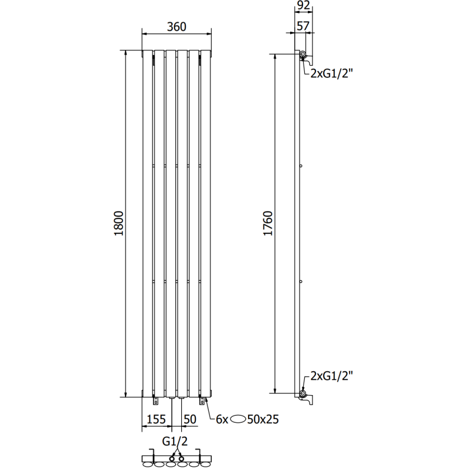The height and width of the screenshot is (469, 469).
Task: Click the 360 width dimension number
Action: point(176,26)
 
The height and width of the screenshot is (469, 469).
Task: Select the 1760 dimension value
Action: point(268,223)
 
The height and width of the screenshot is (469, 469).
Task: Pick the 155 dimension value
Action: point(155,419)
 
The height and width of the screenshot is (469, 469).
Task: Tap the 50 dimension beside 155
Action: point(190,419)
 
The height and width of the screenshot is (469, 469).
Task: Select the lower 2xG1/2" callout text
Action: point(332,375)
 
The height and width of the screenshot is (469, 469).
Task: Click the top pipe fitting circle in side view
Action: point(303,56)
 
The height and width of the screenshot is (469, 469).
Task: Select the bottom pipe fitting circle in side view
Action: point(303,393)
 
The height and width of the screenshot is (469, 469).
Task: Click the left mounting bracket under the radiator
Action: point(155,400)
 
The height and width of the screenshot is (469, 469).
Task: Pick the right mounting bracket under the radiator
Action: point(202,400)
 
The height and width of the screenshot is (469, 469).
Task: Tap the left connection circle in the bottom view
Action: point(172,458)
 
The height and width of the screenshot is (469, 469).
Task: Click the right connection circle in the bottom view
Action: point(182,458)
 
